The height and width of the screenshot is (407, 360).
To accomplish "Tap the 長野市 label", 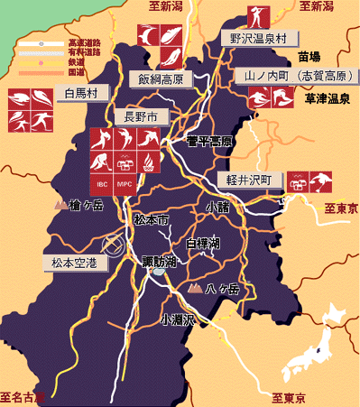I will pos(140,116).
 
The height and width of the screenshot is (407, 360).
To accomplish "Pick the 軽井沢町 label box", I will pos(255,180).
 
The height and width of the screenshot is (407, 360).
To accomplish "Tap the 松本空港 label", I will pos(75,263).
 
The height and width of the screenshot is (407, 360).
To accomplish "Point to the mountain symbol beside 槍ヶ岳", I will pos(61,206).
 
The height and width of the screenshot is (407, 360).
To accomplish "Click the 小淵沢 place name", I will pos(178,319).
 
